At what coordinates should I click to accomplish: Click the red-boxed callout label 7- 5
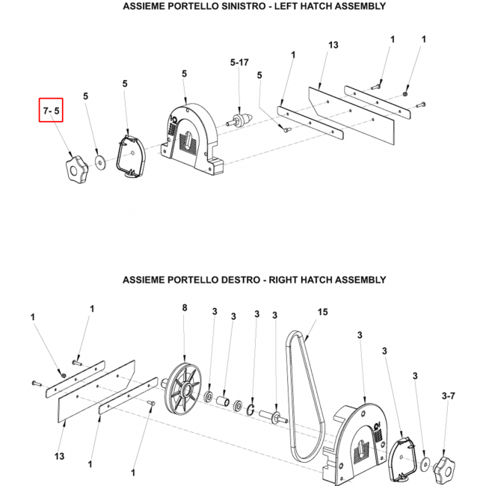tap(51, 111)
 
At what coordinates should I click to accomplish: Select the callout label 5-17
tap(239, 63)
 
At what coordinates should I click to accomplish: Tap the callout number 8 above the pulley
tap(185, 307)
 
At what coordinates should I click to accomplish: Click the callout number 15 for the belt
tap(322, 312)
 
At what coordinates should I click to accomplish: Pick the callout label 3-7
tap(448, 396)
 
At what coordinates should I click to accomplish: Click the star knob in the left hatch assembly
tap(77, 170)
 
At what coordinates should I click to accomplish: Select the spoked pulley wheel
tap(182, 389)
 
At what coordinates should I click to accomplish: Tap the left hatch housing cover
tap(191, 138)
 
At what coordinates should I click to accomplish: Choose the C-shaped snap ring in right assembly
tap(250, 410)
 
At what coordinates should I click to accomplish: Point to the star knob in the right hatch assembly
tap(444, 469)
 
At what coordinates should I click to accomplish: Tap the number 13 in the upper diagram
tap(333, 45)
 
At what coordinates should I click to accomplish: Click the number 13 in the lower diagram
tap(59, 456)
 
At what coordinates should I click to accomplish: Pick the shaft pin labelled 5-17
tap(239, 120)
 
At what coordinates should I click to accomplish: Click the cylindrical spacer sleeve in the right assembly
tap(224, 401)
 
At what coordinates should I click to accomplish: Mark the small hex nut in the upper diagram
tap(405, 93)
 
